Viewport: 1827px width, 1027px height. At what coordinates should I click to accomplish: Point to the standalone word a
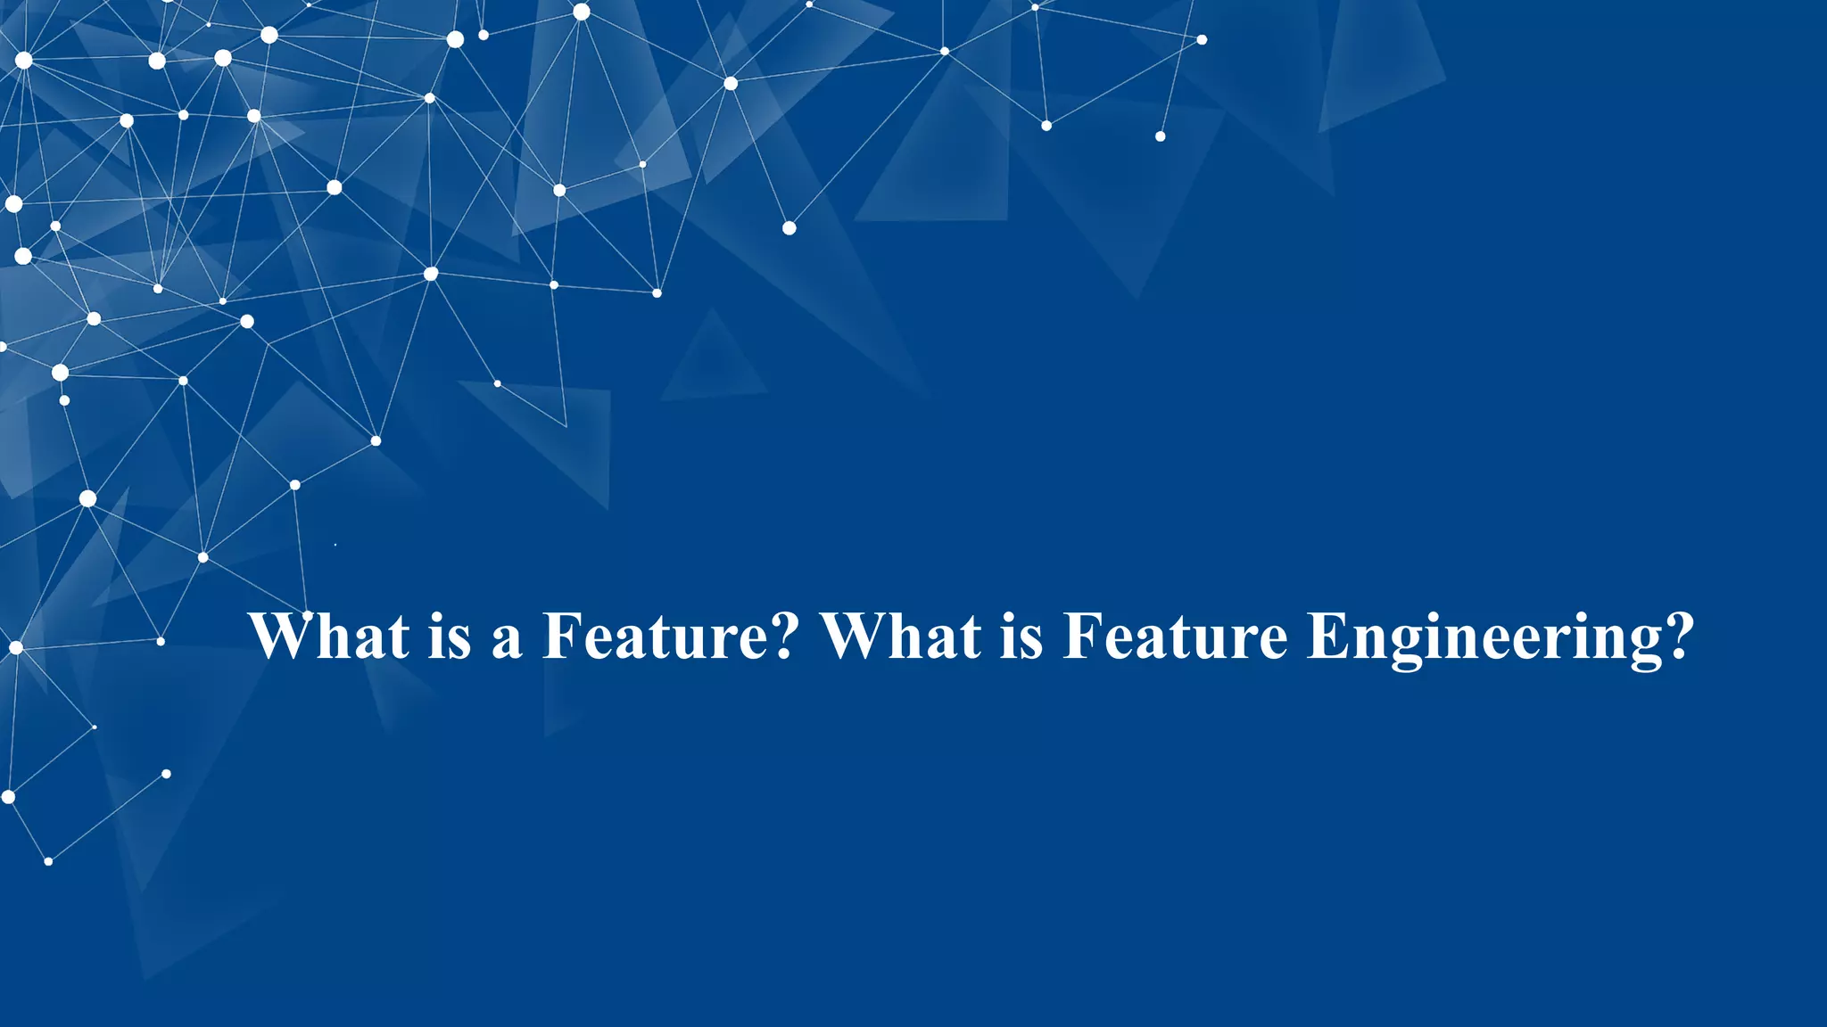click(x=506, y=640)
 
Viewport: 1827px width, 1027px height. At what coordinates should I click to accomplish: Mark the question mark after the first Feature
click(x=782, y=636)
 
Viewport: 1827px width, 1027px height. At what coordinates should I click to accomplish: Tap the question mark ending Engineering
click(x=1678, y=636)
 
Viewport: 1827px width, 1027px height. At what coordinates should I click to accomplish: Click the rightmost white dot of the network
click(x=1202, y=39)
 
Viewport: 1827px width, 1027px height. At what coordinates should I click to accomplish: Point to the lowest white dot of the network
click(x=48, y=861)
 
